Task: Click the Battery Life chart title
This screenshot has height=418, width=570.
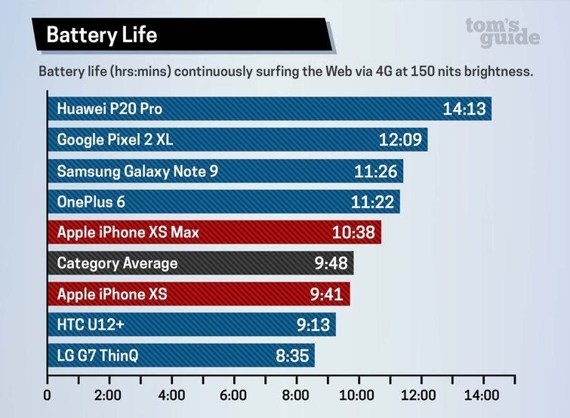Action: click(101, 35)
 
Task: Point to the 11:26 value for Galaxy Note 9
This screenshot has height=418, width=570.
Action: click(375, 171)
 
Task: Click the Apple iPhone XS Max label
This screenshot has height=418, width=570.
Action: click(128, 232)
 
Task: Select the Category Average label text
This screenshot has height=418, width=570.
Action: click(117, 263)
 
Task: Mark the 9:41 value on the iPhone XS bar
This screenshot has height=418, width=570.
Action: click(325, 294)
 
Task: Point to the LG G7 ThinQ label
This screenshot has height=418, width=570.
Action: click(98, 355)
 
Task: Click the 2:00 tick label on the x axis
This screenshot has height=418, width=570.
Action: click(109, 395)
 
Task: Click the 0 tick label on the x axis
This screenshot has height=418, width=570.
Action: click(48, 395)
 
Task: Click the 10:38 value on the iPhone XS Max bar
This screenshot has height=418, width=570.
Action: click(353, 232)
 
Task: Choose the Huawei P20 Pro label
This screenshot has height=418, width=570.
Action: click(109, 109)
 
